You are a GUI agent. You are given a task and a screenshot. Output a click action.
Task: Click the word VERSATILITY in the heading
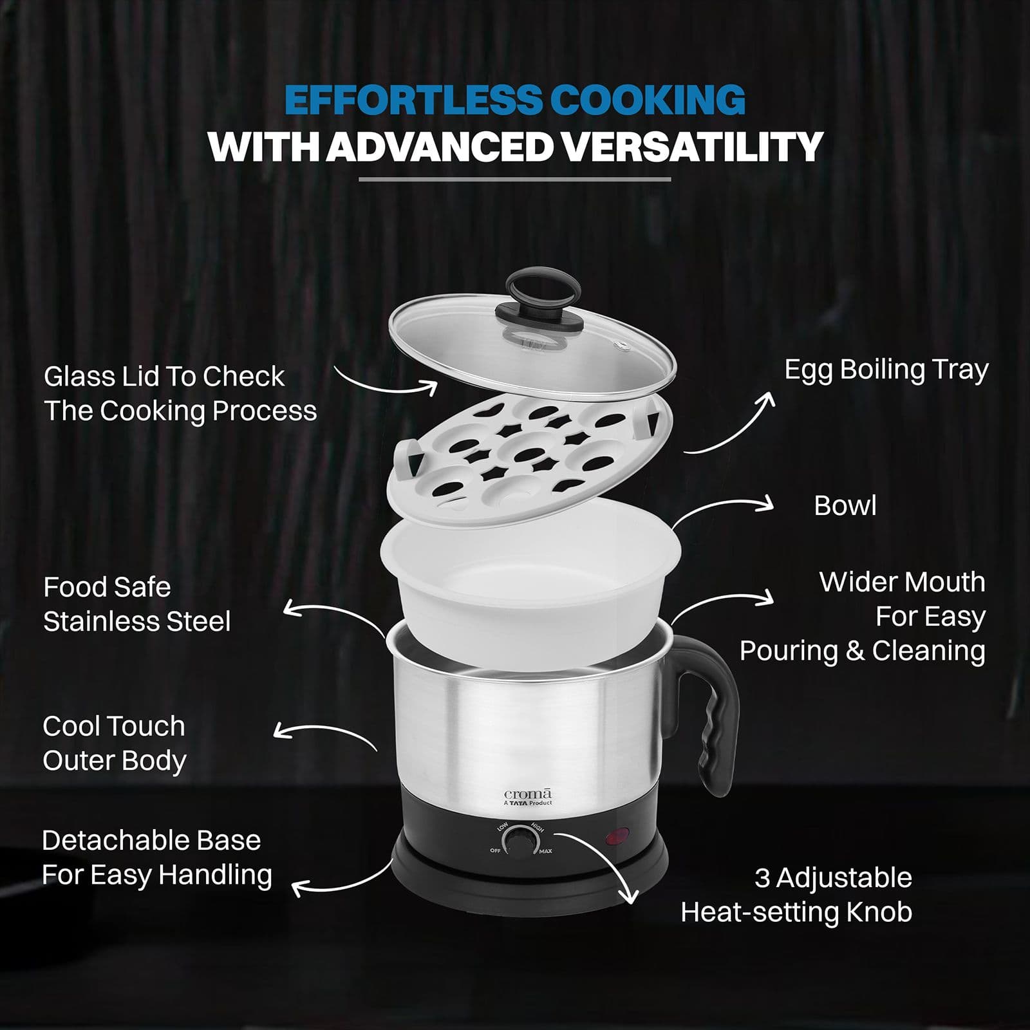(692, 146)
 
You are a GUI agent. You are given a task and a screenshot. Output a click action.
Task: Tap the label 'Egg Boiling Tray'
(886, 370)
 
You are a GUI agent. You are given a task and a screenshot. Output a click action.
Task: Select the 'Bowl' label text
(845, 505)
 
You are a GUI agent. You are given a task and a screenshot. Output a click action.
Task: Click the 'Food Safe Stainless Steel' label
(136, 604)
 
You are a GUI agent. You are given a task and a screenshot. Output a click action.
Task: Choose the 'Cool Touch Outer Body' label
(115, 743)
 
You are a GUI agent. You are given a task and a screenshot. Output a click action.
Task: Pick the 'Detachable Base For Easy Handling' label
(157, 857)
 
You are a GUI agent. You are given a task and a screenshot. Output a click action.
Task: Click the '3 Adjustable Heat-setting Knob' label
(797, 895)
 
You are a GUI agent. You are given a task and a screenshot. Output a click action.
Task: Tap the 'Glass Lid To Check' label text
(164, 377)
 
